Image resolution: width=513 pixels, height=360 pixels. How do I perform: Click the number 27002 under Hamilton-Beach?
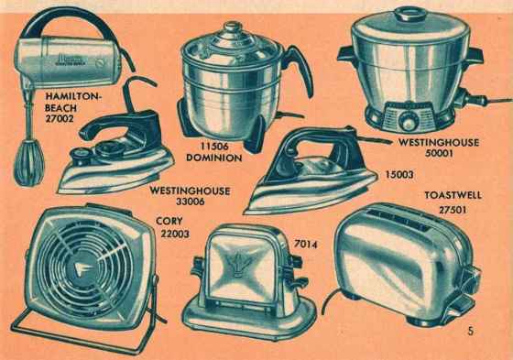pyautogui.click(x=60, y=118)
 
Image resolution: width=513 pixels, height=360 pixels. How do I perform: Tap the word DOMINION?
pyautogui.click(x=214, y=158)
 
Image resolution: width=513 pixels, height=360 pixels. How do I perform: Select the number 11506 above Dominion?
pyautogui.click(x=214, y=146)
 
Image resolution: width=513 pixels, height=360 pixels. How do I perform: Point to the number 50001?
pyautogui.click(x=439, y=153)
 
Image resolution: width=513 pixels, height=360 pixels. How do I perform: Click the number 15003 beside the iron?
pyautogui.click(x=399, y=174)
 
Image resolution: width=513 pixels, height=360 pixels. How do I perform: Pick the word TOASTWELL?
pyautogui.click(x=453, y=195)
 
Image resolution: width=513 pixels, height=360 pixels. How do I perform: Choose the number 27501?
pyautogui.click(x=453, y=210)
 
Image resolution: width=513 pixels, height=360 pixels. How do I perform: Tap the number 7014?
pyautogui.click(x=306, y=245)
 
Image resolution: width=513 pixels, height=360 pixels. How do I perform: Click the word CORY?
pyautogui.click(x=169, y=222)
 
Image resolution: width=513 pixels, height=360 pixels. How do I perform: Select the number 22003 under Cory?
pyautogui.click(x=175, y=234)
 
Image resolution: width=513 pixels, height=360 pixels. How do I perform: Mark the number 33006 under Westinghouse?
pyautogui.click(x=191, y=202)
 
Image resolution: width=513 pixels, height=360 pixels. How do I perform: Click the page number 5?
pyautogui.click(x=471, y=331)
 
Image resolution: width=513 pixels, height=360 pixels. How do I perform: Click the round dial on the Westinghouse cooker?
pyautogui.click(x=408, y=124)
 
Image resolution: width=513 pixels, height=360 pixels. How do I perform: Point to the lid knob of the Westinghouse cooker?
pyautogui.click(x=410, y=15)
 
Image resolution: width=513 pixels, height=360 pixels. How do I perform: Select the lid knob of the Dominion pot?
pyautogui.click(x=233, y=27)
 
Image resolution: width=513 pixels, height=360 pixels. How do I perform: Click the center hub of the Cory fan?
pyautogui.click(x=82, y=269)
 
